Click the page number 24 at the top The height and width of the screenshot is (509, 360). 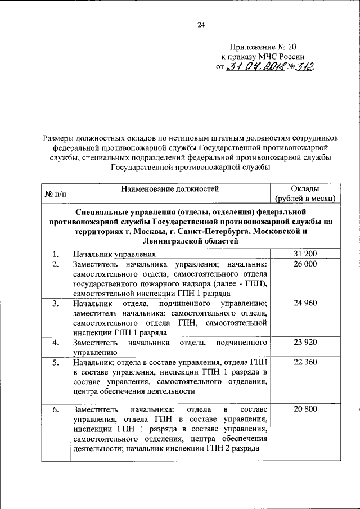tap(201, 24)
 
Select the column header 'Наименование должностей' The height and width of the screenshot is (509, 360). tap(169, 189)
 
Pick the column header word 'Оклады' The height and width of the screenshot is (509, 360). tap(305, 189)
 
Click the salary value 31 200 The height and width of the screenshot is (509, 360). tap(305, 254)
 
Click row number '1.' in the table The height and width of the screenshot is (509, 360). tap(55, 254)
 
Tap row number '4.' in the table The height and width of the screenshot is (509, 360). tap(55, 343)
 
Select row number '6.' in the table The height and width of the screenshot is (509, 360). tap(55, 409)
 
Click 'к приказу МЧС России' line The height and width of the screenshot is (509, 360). tap(262, 56)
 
